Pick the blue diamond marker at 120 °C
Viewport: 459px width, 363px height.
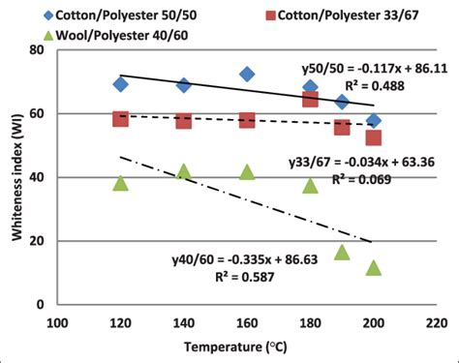[120, 84]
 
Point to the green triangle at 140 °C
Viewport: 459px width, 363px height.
[184, 172]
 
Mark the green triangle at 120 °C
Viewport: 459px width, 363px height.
[120, 183]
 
